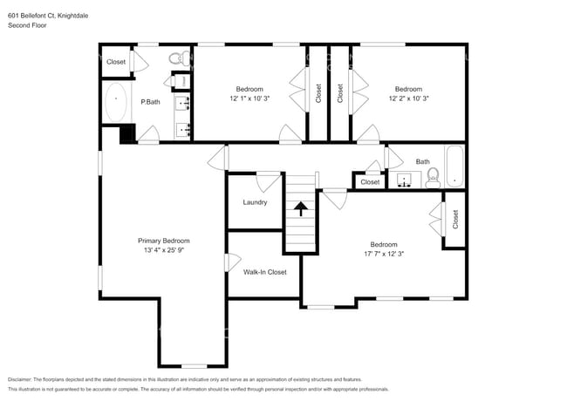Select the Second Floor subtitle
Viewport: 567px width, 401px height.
pyautogui.click(x=27, y=24)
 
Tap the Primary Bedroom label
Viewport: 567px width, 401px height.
pyautogui.click(x=163, y=241)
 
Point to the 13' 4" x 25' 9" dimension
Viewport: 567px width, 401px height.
pyautogui.click(x=163, y=250)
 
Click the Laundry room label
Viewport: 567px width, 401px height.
pyautogui.click(x=254, y=202)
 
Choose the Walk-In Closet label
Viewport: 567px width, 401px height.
pyautogui.click(x=264, y=272)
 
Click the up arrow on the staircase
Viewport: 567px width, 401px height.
pyautogui.click(x=301, y=208)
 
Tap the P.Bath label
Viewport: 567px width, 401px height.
pyautogui.click(x=151, y=102)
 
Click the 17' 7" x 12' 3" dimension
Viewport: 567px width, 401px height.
pyautogui.click(x=383, y=254)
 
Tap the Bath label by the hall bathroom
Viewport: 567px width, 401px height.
pyautogui.click(x=422, y=161)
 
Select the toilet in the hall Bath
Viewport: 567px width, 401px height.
pyautogui.click(x=432, y=180)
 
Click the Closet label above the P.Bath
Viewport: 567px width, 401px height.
pyautogui.click(x=115, y=62)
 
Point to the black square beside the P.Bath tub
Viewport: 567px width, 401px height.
pyautogui.click(x=126, y=133)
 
